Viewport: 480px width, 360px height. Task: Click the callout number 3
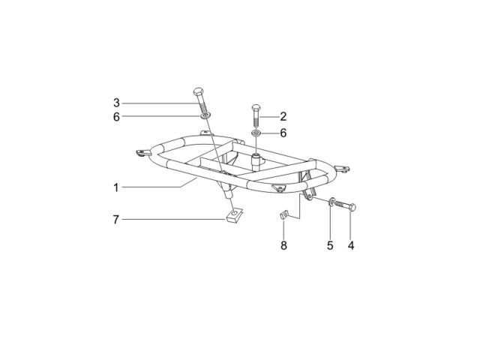(x=116, y=103)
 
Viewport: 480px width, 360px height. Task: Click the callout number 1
(x=116, y=187)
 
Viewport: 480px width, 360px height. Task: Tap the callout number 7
(x=115, y=220)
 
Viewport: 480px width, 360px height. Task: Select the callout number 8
(x=283, y=245)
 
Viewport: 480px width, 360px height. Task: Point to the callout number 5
(x=330, y=245)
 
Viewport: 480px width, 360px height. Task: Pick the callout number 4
(x=351, y=245)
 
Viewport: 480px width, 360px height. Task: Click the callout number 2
(x=283, y=117)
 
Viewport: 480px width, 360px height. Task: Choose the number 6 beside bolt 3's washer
(x=116, y=117)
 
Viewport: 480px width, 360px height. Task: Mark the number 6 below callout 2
(x=283, y=133)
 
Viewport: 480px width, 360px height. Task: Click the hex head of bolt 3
(x=198, y=91)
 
